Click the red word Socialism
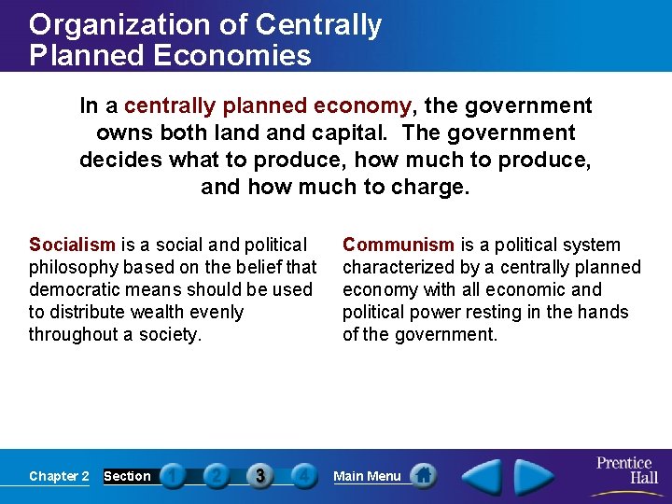(x=72, y=245)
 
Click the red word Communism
(x=398, y=245)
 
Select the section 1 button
(x=173, y=476)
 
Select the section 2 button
(x=216, y=476)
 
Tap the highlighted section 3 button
(x=259, y=476)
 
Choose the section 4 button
(x=302, y=476)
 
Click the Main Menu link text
(x=367, y=476)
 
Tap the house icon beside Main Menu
(x=424, y=476)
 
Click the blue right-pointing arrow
(x=535, y=476)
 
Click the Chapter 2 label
(x=59, y=476)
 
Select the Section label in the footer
(x=127, y=476)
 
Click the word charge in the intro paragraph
(x=428, y=186)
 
